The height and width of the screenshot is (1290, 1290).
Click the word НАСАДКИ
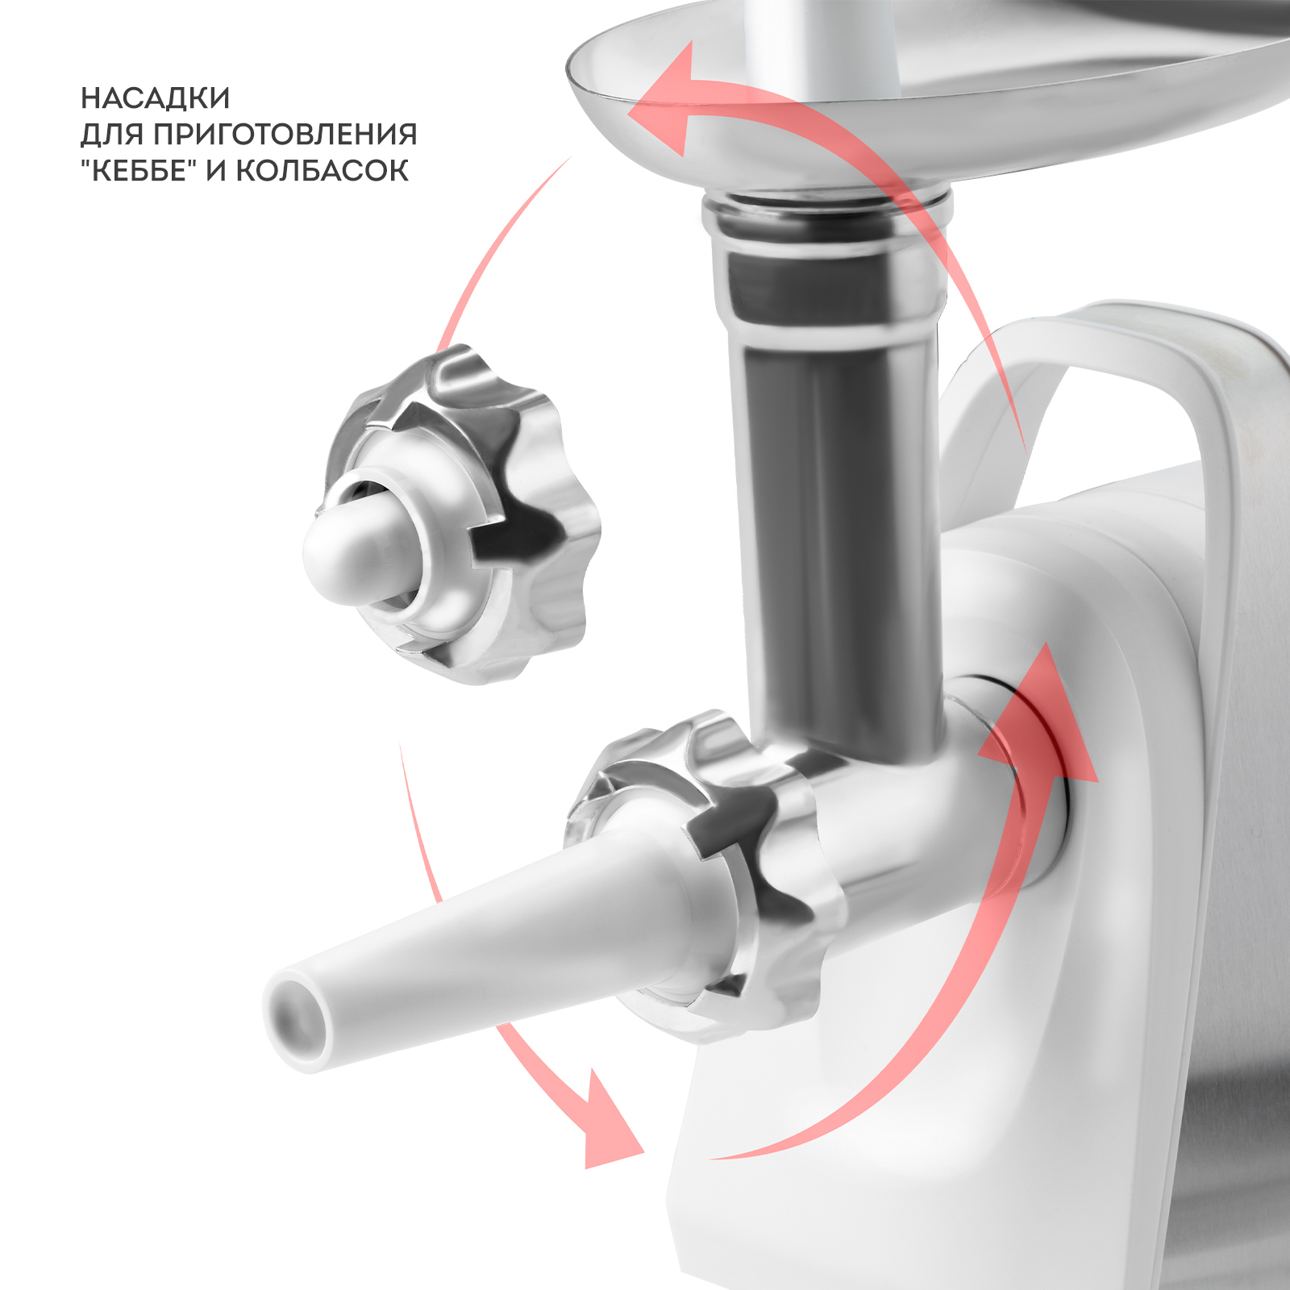pos(156,98)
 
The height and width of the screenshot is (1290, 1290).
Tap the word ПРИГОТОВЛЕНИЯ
pos(285,134)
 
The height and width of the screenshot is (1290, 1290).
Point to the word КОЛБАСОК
pos(322,170)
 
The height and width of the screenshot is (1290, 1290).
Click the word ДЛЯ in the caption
pos(112,135)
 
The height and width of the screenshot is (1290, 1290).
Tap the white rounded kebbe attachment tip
pos(355,556)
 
